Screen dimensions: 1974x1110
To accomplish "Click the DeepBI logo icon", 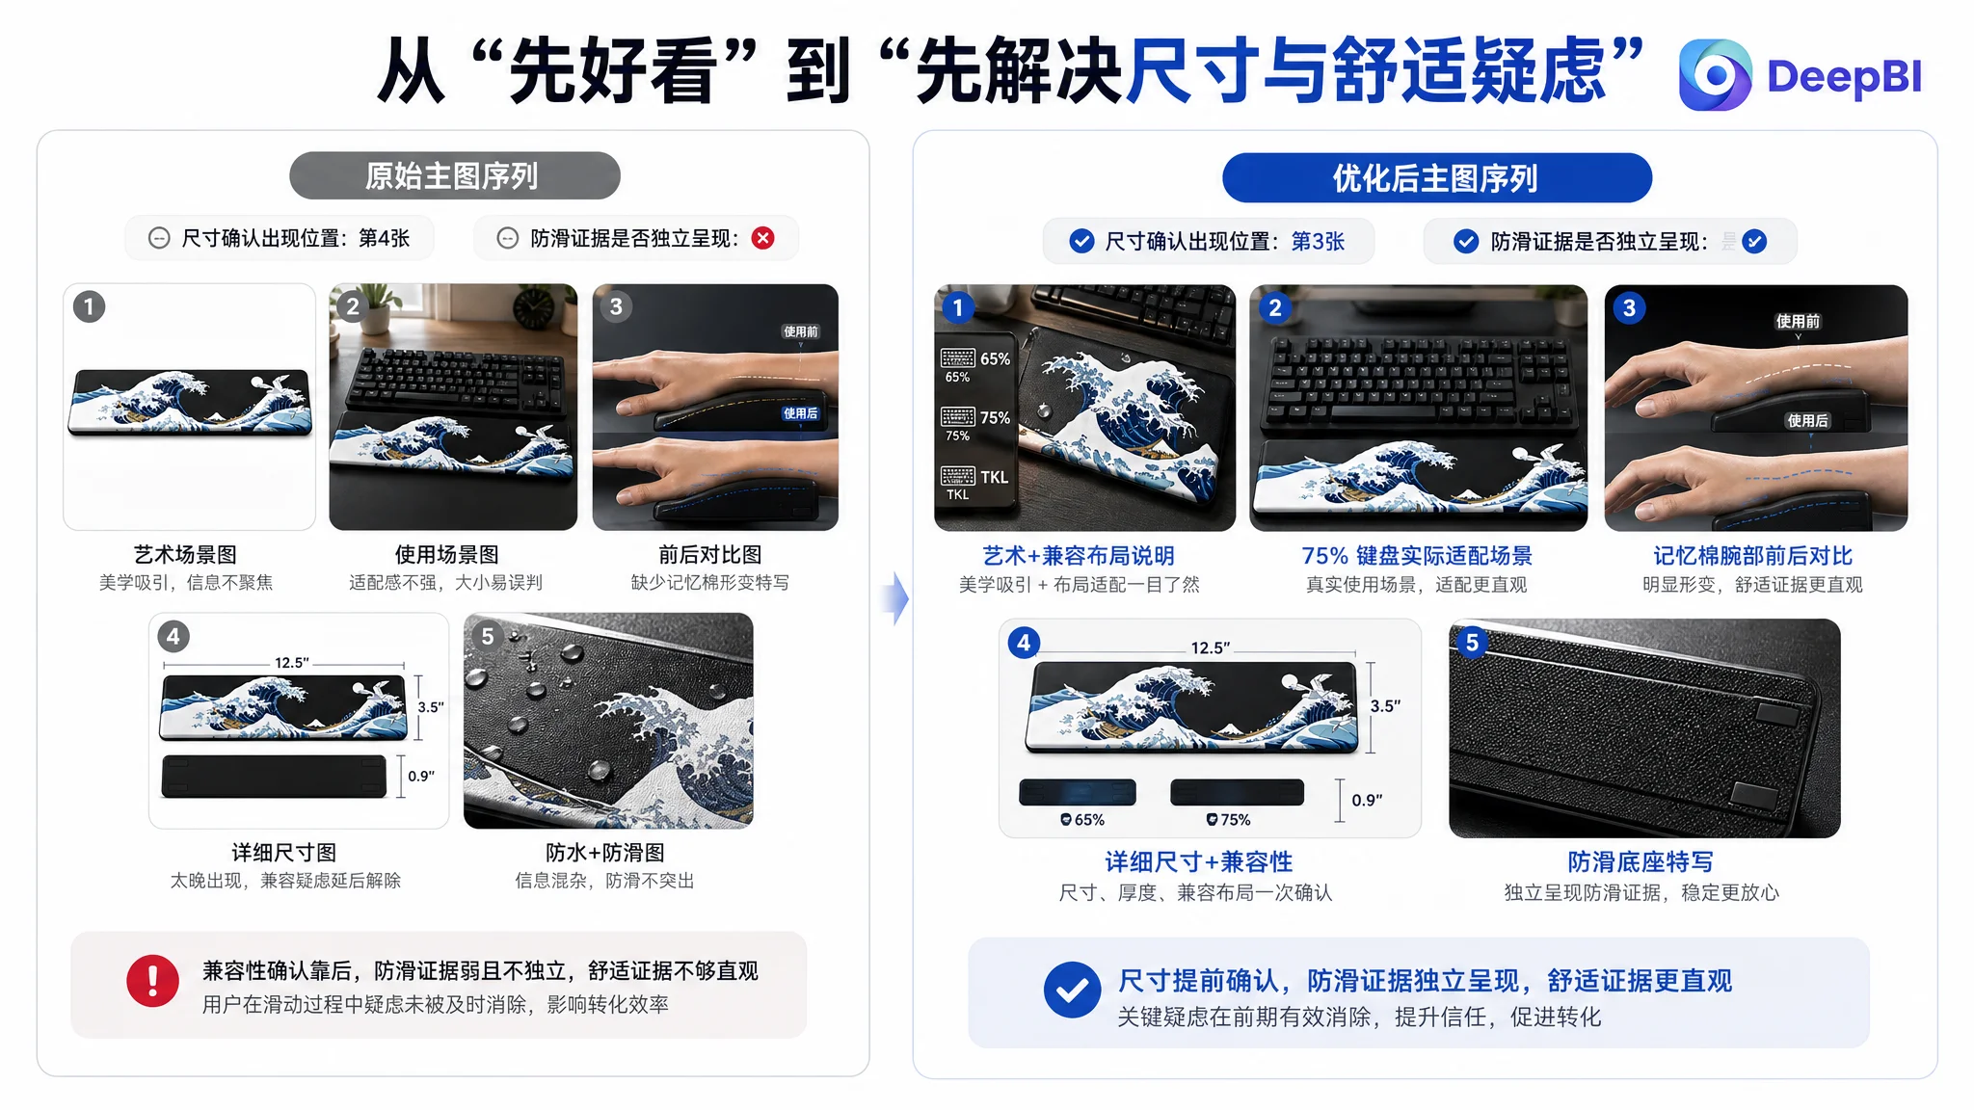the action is tap(1715, 75).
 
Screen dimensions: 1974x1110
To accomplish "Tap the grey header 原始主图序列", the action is tap(454, 175).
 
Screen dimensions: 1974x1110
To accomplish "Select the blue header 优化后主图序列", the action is tap(1436, 178).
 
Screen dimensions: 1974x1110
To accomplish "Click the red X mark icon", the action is tap(763, 238).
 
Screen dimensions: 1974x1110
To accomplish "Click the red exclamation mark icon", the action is tap(152, 981).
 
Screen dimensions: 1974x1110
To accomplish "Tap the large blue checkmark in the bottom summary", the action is tap(1072, 990).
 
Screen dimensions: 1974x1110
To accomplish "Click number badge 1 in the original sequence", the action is tap(90, 307).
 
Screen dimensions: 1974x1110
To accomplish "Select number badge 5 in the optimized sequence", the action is tap(1472, 643).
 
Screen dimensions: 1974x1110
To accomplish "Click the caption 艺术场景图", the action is tap(185, 555).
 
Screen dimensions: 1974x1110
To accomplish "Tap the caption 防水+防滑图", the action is tap(605, 853).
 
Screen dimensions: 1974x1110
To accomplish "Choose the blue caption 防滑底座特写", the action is tap(1641, 861).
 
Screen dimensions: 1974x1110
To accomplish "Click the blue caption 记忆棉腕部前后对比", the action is tap(1753, 556).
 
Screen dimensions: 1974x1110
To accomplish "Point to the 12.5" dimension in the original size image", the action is tap(292, 663).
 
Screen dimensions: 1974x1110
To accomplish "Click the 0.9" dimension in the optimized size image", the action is tap(1367, 800).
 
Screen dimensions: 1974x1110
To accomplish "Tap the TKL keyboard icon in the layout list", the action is tap(957, 476).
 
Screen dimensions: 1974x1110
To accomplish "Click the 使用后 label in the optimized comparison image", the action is tap(1807, 421).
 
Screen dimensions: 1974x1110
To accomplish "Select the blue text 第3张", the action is tap(1318, 241).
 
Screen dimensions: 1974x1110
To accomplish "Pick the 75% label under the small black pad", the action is tap(1229, 820).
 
